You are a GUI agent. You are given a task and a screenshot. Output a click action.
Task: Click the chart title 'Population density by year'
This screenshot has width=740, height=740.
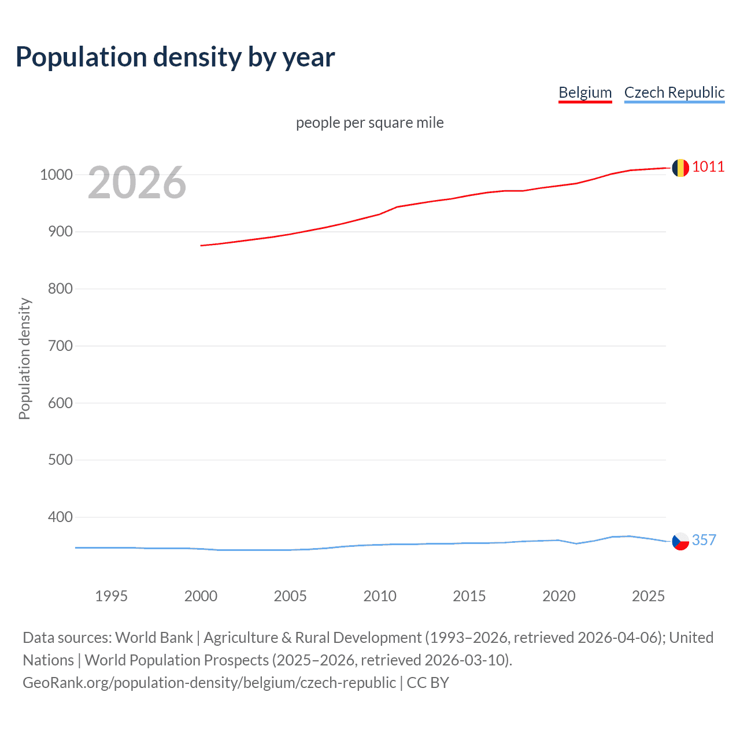pyautogui.click(x=175, y=57)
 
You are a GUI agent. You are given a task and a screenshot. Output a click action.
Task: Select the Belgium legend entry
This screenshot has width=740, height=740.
pyautogui.click(x=585, y=92)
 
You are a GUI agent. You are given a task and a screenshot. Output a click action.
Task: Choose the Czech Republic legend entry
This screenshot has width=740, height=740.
pyautogui.click(x=674, y=92)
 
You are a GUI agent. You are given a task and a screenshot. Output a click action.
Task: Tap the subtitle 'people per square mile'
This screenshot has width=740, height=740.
pyautogui.click(x=369, y=123)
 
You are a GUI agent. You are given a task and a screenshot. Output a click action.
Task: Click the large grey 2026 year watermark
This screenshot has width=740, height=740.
pyautogui.click(x=137, y=183)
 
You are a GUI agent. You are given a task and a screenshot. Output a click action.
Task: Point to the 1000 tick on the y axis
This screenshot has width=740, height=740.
pyautogui.click(x=56, y=175)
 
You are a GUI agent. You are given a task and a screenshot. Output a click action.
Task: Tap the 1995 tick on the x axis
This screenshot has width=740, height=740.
pyautogui.click(x=111, y=596)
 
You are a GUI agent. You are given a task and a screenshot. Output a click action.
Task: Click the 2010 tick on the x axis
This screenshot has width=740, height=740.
pyautogui.click(x=380, y=596)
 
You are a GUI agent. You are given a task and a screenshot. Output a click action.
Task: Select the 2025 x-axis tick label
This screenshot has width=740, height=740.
pyautogui.click(x=648, y=596)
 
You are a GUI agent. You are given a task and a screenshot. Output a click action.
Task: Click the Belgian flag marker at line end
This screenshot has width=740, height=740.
pyautogui.click(x=680, y=168)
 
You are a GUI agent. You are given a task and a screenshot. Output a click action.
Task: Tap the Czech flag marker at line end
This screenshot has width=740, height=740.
pyautogui.click(x=680, y=541)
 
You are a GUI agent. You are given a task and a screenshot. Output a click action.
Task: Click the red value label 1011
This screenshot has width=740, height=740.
pyautogui.click(x=708, y=167)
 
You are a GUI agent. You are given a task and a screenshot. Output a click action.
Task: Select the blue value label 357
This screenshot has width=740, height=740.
pyautogui.click(x=704, y=540)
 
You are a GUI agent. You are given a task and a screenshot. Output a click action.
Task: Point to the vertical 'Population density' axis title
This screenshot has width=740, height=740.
pyautogui.click(x=24, y=358)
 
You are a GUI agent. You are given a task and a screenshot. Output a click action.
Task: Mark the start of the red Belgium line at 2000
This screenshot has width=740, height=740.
pyautogui.click(x=201, y=246)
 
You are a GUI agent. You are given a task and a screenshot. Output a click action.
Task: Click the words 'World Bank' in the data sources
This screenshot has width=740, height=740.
pyautogui.click(x=154, y=638)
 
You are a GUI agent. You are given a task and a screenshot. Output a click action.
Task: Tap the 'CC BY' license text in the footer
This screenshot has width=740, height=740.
pyautogui.click(x=428, y=683)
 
